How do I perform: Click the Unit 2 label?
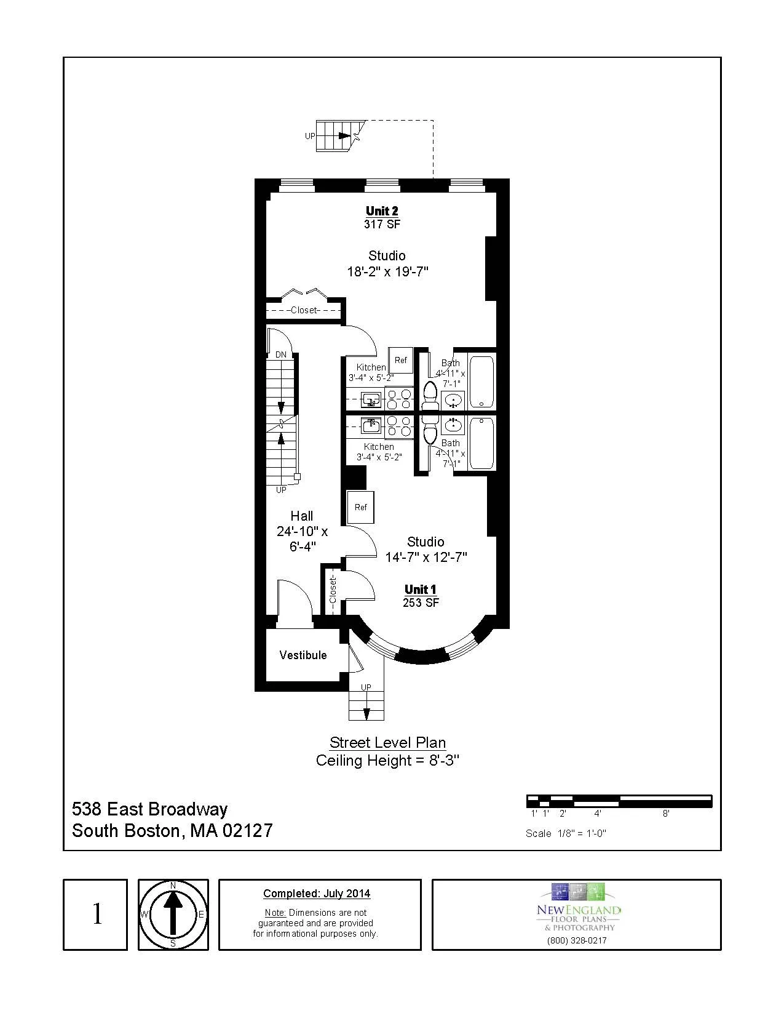pyautogui.click(x=382, y=211)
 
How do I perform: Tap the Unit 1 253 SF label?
pyautogui.click(x=421, y=596)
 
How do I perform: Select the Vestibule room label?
pyautogui.click(x=303, y=655)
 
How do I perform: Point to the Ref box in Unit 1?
pyautogui.click(x=361, y=507)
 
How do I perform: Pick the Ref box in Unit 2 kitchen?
pyautogui.click(x=401, y=360)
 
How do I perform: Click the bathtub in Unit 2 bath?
pyautogui.click(x=481, y=382)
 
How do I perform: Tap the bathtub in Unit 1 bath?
pyautogui.click(x=481, y=443)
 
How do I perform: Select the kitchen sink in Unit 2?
pyautogui.click(x=371, y=400)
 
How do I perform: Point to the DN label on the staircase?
pyautogui.click(x=281, y=354)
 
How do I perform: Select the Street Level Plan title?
pyautogui.click(x=387, y=742)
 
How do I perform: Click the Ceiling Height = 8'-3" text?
pyautogui.click(x=387, y=761)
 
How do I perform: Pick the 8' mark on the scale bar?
pyautogui.click(x=666, y=813)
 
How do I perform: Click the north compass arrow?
pyautogui.click(x=173, y=914)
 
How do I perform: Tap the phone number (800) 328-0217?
pyautogui.click(x=576, y=940)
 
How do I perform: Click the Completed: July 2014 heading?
pyautogui.click(x=317, y=894)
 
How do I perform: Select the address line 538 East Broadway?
pyautogui.click(x=150, y=809)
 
